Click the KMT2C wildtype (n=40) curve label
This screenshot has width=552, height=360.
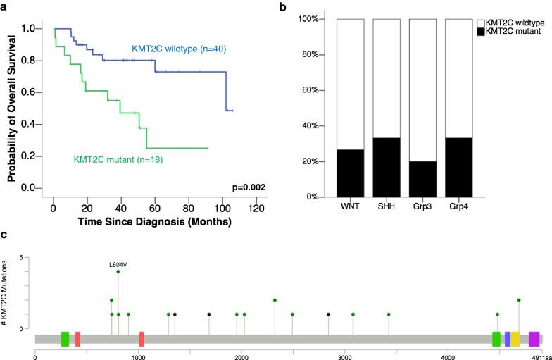[182, 49]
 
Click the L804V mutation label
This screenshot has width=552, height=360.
[118, 264]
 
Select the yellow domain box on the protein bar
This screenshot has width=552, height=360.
[515, 339]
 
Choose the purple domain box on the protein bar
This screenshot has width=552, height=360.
[534, 339]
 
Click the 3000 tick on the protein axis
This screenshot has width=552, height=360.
[345, 356]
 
